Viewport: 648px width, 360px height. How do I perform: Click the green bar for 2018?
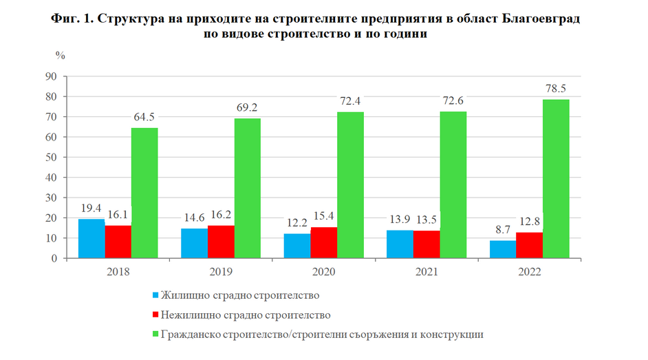click(x=144, y=193)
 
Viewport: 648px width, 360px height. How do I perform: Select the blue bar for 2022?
click(x=502, y=249)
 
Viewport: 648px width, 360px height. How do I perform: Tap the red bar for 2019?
click(x=221, y=242)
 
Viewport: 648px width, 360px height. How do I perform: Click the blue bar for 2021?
click(x=400, y=244)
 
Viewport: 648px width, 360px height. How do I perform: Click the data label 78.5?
click(x=555, y=89)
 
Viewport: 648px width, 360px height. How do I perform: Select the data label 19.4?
click(x=91, y=207)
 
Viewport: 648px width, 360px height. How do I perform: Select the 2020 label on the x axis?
click(x=324, y=271)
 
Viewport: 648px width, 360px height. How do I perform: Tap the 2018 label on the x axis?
click(x=118, y=271)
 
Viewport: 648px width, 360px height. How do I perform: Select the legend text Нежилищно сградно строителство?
click(x=246, y=315)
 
